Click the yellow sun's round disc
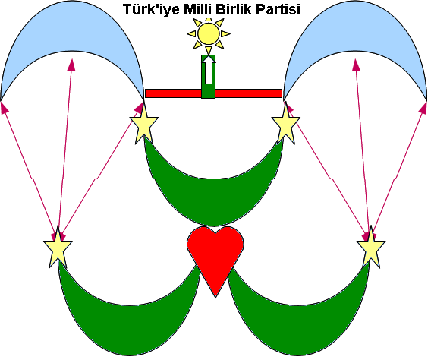(209, 34)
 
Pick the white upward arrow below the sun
(209, 70)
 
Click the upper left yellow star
(143, 125)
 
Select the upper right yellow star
(286, 125)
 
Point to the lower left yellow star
(58, 248)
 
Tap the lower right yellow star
(371, 248)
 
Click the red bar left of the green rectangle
(173, 93)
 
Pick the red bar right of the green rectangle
(248, 93)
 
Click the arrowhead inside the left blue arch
(72, 65)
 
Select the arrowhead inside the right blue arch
(356, 65)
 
